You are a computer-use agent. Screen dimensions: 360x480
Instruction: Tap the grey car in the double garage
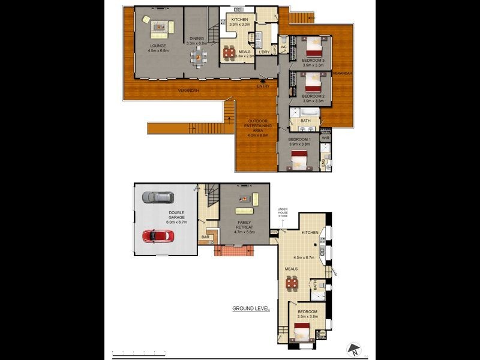click(x=158, y=197)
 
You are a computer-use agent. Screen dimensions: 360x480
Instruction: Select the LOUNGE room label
click(x=158, y=46)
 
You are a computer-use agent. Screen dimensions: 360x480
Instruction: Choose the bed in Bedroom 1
click(x=299, y=158)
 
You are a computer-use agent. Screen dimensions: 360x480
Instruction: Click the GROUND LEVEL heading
click(x=251, y=309)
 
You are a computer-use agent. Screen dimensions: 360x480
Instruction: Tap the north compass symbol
click(x=354, y=349)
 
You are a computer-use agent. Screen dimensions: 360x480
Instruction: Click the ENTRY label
click(x=263, y=86)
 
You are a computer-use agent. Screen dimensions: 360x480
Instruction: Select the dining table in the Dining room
click(x=198, y=57)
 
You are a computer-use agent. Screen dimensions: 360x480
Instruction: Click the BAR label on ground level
click(x=205, y=238)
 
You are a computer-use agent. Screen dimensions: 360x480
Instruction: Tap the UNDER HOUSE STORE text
click(x=283, y=212)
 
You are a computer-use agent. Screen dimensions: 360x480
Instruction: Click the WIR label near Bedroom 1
click(x=326, y=138)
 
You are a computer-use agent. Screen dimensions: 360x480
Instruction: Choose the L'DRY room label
click(x=264, y=52)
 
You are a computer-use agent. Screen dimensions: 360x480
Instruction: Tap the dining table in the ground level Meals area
click(x=292, y=283)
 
